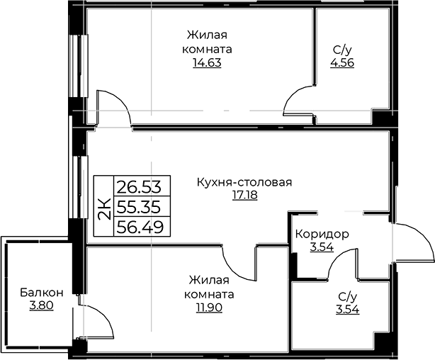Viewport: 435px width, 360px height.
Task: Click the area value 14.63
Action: click(207, 63)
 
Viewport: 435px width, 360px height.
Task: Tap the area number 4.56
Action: click(342, 63)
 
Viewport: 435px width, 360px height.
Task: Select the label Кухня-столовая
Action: click(244, 183)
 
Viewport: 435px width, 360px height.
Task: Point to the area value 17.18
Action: click(244, 195)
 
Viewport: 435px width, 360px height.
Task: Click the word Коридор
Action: click(322, 235)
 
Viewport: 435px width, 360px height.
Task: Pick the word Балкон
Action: click(41, 293)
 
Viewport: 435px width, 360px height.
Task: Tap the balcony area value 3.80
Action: click(41, 305)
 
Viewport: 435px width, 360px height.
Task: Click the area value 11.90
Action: click(210, 308)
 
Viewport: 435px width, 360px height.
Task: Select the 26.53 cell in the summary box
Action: click(139, 186)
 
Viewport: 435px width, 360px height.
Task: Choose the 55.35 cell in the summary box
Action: click(139, 206)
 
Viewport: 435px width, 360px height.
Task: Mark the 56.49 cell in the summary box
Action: click(140, 227)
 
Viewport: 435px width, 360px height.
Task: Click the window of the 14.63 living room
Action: click(79, 66)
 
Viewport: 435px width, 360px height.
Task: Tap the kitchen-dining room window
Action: click(79, 187)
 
